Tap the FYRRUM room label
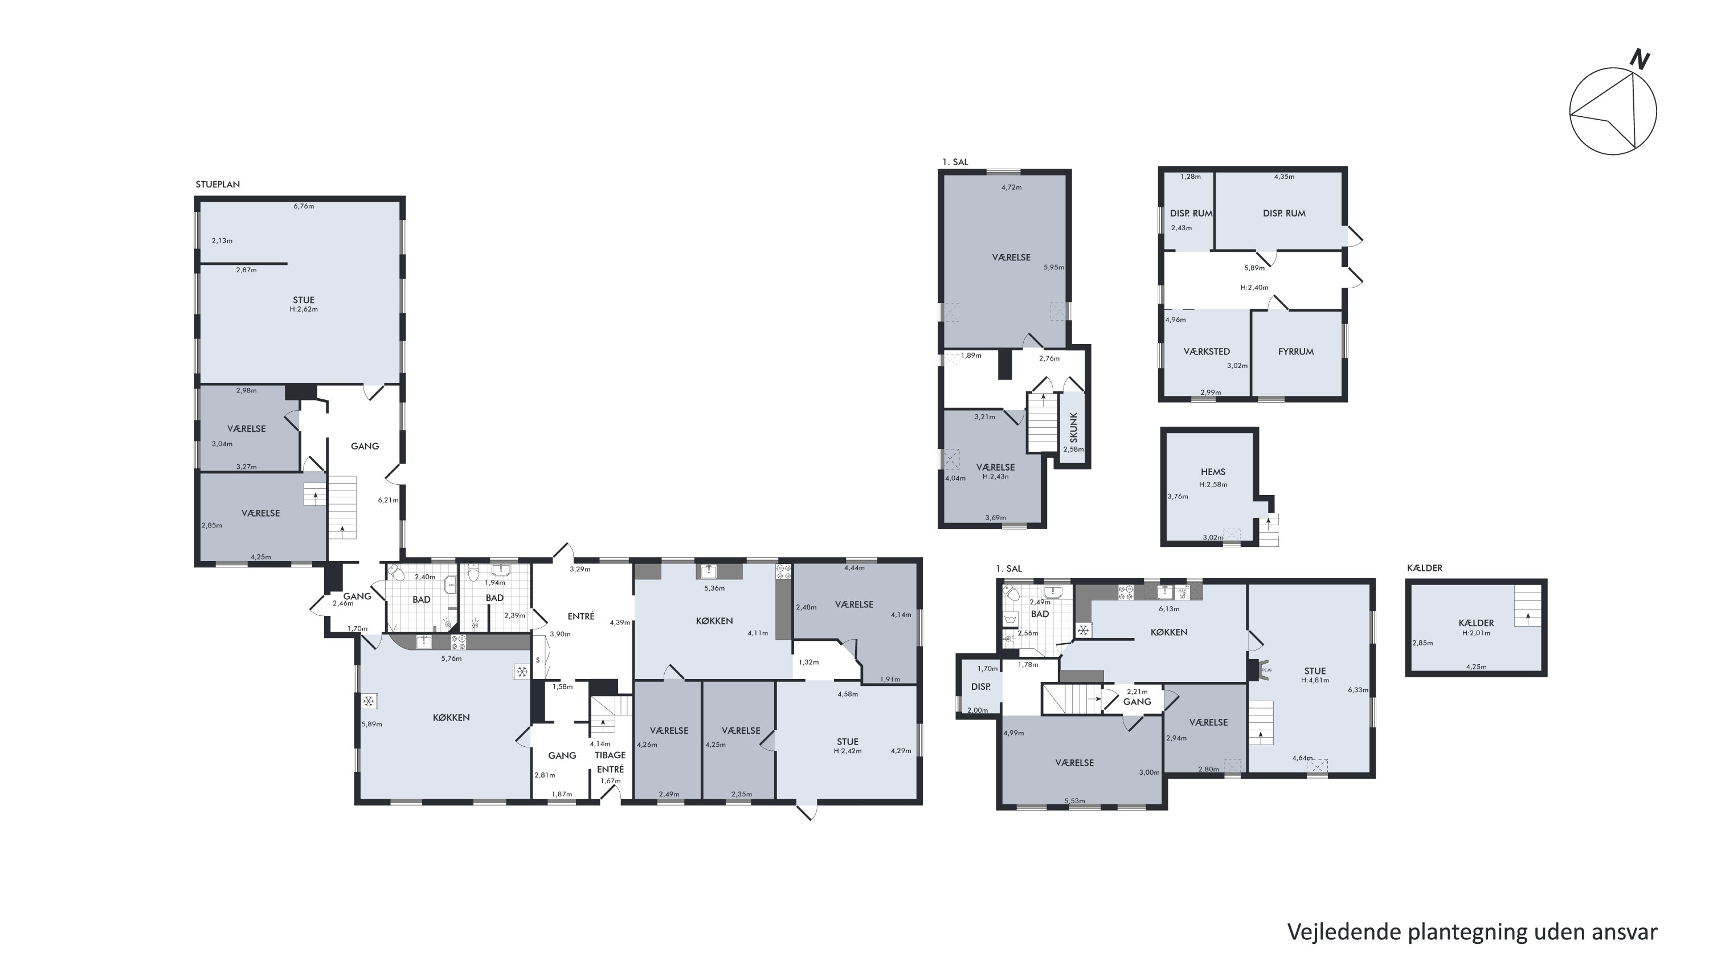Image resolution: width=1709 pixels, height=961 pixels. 1295,351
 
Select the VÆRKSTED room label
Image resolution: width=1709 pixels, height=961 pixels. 1207,351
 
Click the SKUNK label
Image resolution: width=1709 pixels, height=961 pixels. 1073,427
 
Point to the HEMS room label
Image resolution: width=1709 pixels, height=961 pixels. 1213,472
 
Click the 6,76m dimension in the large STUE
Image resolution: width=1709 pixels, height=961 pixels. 304,206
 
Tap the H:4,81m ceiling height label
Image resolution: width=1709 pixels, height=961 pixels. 1315,680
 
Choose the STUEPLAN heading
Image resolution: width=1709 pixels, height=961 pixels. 218,185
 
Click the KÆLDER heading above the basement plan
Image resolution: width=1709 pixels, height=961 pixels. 1424,568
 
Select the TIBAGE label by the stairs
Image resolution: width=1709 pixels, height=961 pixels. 610,755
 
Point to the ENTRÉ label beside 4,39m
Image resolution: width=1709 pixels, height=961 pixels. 581,616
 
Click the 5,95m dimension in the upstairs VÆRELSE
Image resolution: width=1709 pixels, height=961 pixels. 1053,267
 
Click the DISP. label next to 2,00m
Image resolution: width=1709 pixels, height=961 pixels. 980,686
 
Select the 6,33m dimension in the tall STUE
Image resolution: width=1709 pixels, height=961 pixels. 1358,690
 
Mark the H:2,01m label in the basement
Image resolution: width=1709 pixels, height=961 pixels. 1476,633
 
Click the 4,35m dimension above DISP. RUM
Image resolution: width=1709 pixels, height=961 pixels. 1285,177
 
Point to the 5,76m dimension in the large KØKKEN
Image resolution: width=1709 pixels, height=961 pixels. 451,659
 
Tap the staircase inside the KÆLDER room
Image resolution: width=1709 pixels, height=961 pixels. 1528,606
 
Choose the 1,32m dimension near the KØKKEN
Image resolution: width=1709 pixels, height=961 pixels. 809,662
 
